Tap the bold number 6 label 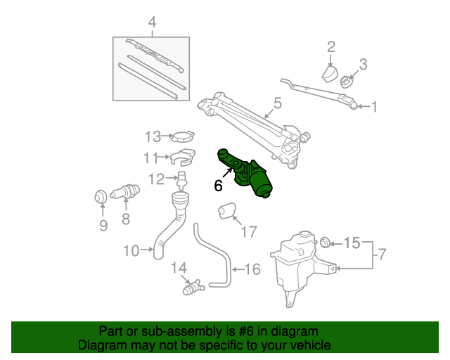click(218, 186)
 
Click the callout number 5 click(277, 103)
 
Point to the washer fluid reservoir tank click(295, 264)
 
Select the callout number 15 click(353, 243)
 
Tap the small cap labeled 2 click(330, 73)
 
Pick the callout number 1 click(374, 107)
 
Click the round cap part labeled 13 click(184, 136)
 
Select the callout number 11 click(151, 157)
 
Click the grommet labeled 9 click(100, 197)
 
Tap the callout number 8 click(126, 219)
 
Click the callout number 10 click(131, 249)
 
